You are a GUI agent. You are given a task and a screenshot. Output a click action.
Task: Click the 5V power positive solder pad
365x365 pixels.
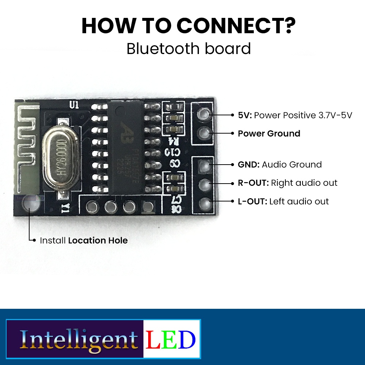pyautogui.click(x=204, y=115)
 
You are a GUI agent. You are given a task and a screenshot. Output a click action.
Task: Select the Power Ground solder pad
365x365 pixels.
pyautogui.click(x=204, y=133)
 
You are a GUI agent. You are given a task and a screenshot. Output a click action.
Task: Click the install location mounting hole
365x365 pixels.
pyautogui.click(x=29, y=205)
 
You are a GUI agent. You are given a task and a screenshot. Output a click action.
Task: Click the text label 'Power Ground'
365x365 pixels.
pyautogui.click(x=269, y=134)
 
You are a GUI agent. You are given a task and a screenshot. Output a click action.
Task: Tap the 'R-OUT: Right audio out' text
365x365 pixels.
pyautogui.click(x=288, y=183)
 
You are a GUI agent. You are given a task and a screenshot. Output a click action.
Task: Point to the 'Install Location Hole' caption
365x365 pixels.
pyautogui.click(x=84, y=241)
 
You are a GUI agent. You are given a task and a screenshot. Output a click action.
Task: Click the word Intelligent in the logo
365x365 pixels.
pyautogui.click(x=78, y=339)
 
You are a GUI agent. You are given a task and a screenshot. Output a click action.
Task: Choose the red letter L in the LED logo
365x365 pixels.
pyautogui.click(x=153, y=339)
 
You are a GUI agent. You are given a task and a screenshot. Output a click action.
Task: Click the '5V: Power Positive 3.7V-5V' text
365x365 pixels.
pyautogui.click(x=295, y=115)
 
